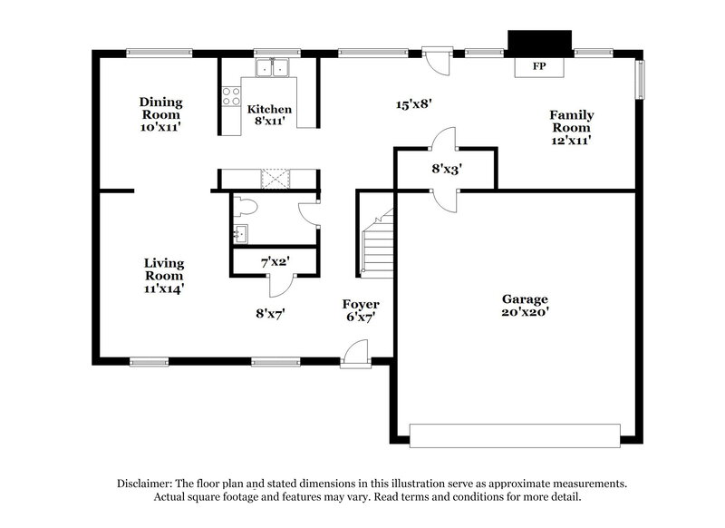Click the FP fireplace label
click(x=538, y=67)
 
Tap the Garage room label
click(x=526, y=298)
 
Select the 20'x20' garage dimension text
click(x=526, y=313)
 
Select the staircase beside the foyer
click(x=376, y=243)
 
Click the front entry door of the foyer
click(x=355, y=354)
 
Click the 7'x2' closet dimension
click(x=275, y=261)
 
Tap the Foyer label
click(x=360, y=304)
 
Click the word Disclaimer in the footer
click(x=148, y=484)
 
